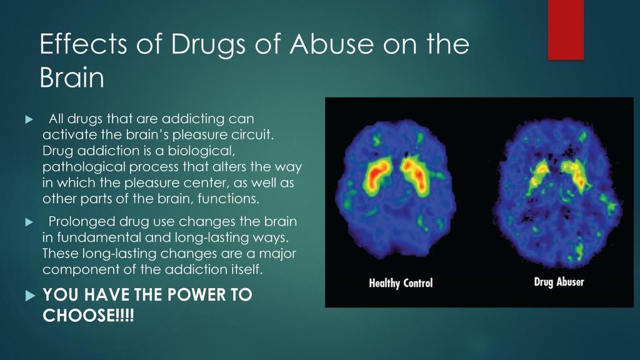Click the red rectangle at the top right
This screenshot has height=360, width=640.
(x=565, y=29)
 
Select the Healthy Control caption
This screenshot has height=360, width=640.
(x=401, y=283)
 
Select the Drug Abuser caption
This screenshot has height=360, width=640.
(x=558, y=282)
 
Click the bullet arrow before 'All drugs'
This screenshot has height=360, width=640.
(x=27, y=119)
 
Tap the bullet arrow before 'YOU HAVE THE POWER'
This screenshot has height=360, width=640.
(x=27, y=295)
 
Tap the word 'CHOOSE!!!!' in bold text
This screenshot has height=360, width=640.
(x=87, y=316)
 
